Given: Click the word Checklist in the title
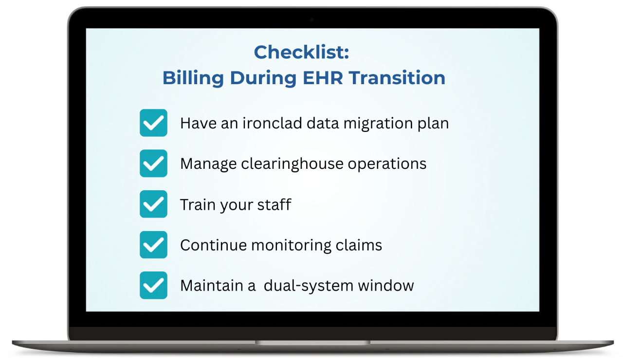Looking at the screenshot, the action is click(x=299, y=52).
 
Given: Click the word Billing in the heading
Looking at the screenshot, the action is click(x=193, y=79).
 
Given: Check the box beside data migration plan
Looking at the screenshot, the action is click(x=153, y=123).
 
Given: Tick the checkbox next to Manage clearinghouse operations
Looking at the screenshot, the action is click(x=153, y=163).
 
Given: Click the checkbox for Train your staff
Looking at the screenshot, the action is click(x=153, y=204).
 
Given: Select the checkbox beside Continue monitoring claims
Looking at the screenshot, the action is click(x=153, y=245).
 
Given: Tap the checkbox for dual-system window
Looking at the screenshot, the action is click(x=153, y=285).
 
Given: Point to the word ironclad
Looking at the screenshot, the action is click(x=272, y=123).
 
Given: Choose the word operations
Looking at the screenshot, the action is click(x=387, y=164).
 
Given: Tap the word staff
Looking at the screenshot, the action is click(x=274, y=204).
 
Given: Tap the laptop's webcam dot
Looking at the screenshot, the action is click(x=312, y=20).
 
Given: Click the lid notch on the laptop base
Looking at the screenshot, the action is click(x=312, y=342).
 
